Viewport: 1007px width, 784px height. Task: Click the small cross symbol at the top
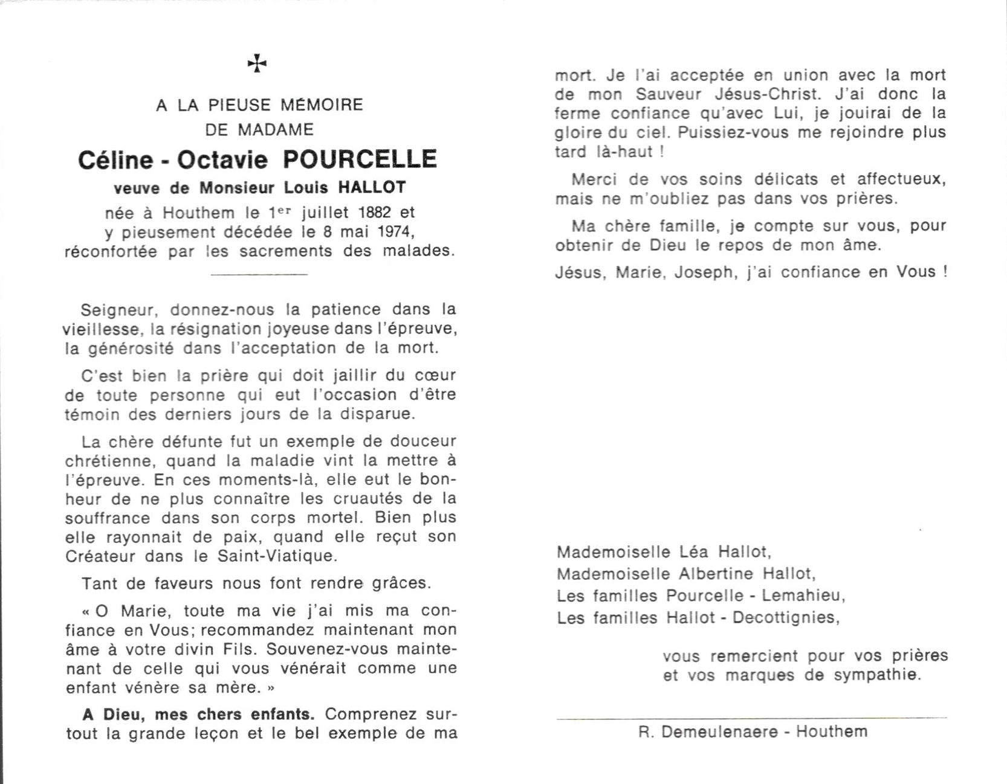(257, 63)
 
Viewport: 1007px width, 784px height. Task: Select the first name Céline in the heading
(115, 160)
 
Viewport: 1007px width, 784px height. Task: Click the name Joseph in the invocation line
(702, 272)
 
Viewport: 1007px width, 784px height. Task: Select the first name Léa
(695, 552)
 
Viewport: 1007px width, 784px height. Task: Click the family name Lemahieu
(802, 596)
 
